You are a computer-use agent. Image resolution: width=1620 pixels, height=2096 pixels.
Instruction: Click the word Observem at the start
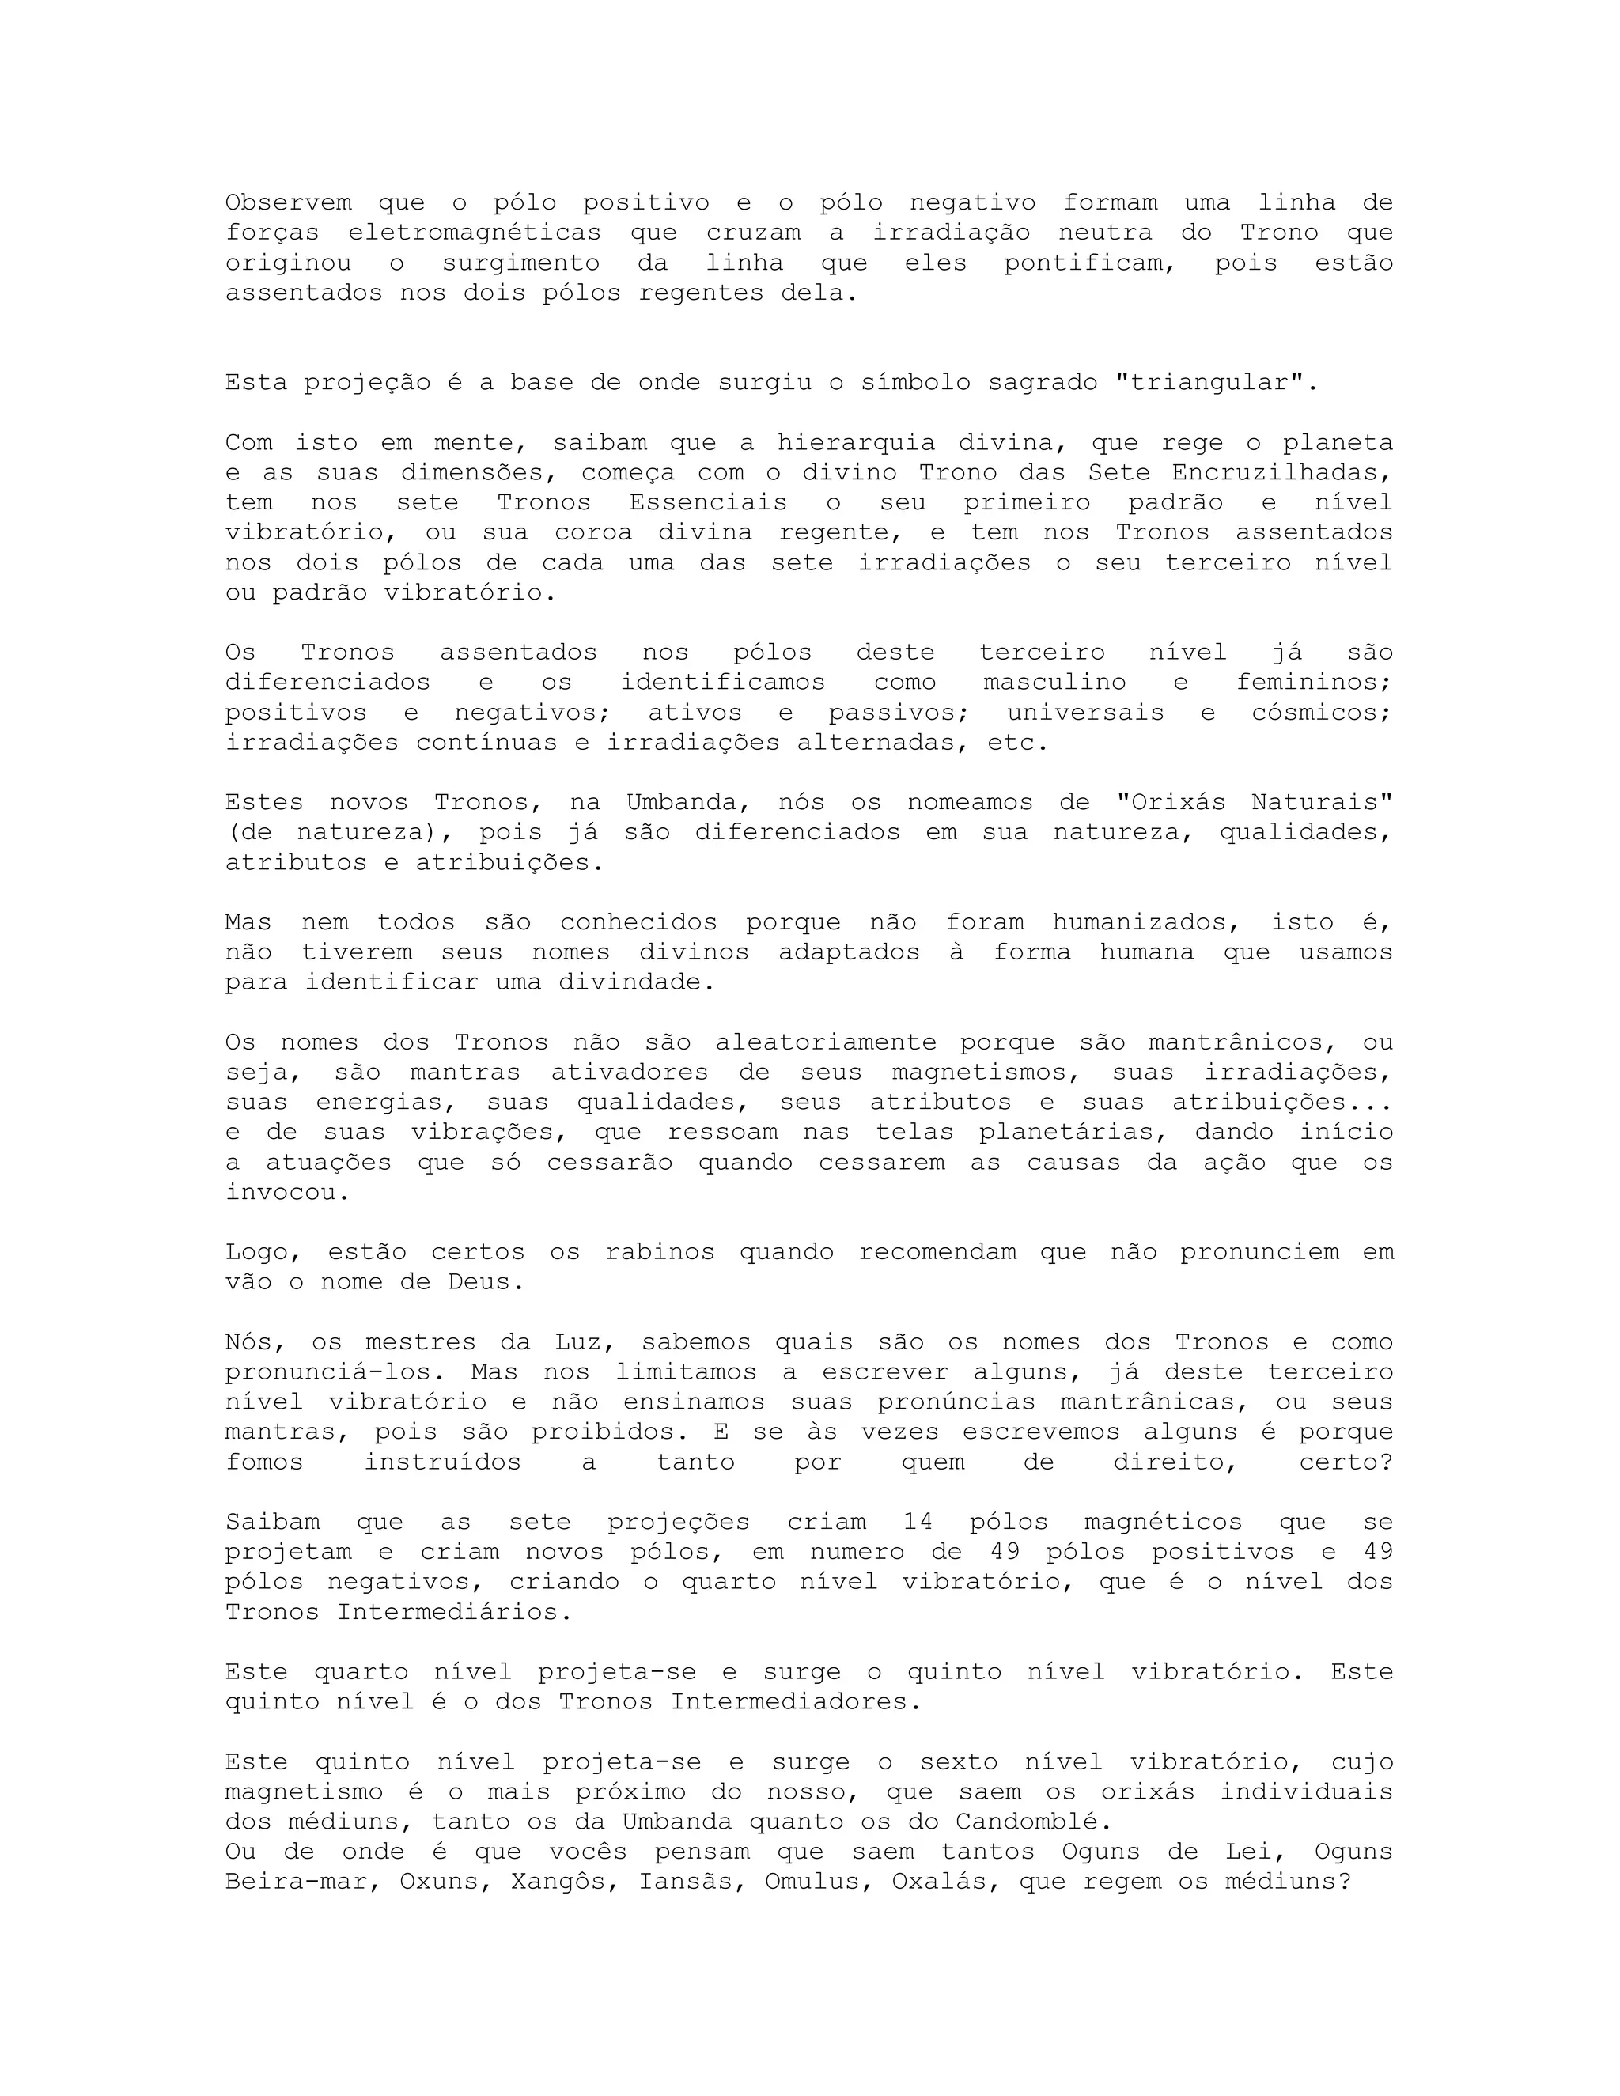coord(288,202)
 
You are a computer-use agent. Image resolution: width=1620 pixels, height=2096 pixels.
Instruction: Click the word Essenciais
coord(708,502)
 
